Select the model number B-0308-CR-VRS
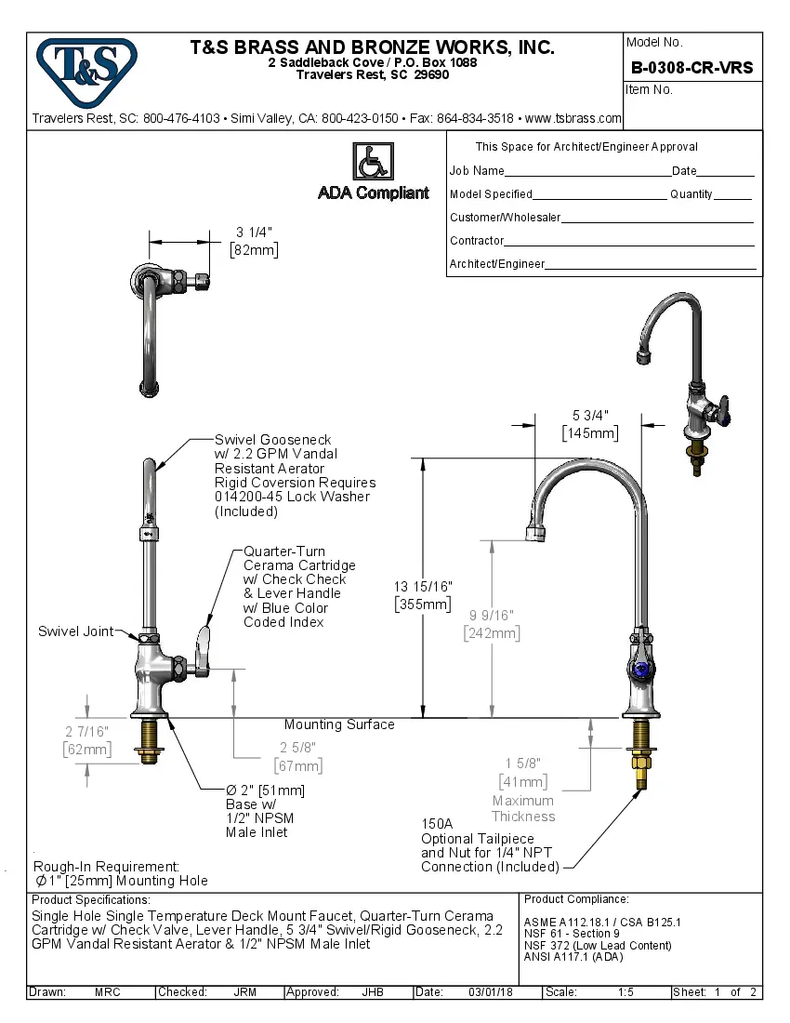coord(691,68)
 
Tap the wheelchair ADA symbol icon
coord(372,162)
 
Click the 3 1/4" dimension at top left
coord(254,232)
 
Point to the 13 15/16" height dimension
coord(423,587)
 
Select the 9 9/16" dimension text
coord(492,616)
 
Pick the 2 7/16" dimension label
coord(86,732)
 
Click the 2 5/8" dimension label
coord(297,749)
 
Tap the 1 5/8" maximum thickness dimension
coord(523,764)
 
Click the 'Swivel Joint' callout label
coord(75,631)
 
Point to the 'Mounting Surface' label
coord(339,724)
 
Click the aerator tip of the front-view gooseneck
coord(537,533)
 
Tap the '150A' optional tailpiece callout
coord(437,824)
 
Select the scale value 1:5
coord(625,992)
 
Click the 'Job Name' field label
coord(477,171)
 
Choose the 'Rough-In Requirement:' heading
coord(106,866)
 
